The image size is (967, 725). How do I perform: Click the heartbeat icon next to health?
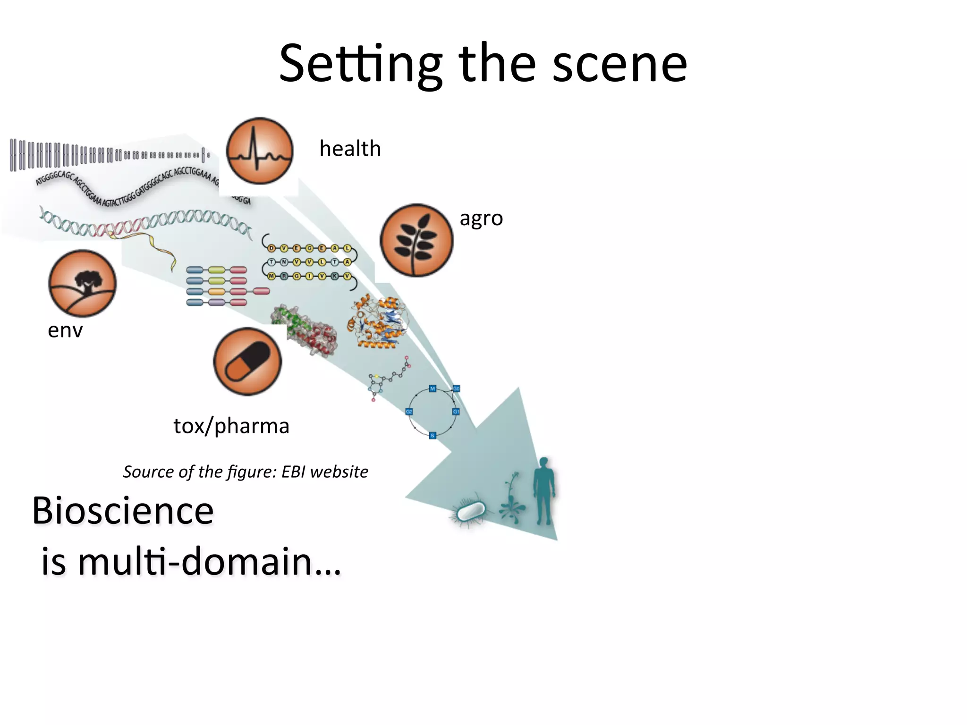tap(260, 151)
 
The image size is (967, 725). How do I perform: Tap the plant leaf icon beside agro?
tap(416, 240)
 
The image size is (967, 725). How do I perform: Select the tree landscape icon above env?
tap(82, 283)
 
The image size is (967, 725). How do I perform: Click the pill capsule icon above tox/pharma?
tap(247, 362)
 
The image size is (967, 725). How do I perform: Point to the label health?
tap(350, 149)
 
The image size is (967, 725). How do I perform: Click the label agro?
tap(481, 219)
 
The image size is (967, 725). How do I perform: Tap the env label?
tap(65, 330)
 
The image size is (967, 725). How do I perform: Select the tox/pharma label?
tap(231, 426)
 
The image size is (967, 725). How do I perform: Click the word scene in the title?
tap(619, 64)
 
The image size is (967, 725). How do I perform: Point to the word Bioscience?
tap(123, 511)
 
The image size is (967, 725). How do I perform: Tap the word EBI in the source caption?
tap(293, 472)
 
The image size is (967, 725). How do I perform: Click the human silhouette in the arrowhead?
tap(544, 491)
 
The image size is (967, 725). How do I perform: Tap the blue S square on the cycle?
tap(433, 435)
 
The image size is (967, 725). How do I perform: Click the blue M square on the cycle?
tap(433, 388)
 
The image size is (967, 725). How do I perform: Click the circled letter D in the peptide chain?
tap(271, 248)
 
